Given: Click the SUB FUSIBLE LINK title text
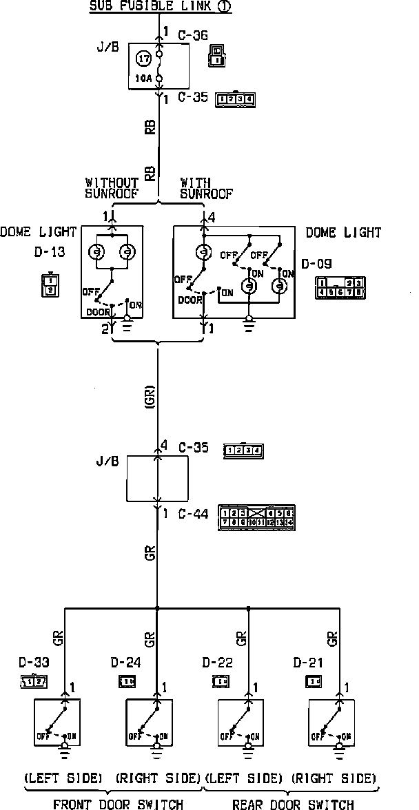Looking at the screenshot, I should click(160, 7).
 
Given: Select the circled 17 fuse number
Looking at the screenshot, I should click(144, 59).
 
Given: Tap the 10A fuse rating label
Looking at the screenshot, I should click(144, 79).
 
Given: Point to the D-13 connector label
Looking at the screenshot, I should click(49, 252).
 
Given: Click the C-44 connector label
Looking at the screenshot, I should click(193, 513).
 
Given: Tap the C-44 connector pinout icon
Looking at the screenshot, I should click(256, 517).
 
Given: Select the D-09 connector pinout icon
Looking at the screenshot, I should click(340, 287).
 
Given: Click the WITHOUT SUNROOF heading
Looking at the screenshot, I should click(112, 188).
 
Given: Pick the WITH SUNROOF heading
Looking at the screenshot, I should click(206, 188).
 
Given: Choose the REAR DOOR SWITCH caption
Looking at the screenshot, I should click(293, 803).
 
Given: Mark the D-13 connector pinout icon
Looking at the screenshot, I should click(49, 285).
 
